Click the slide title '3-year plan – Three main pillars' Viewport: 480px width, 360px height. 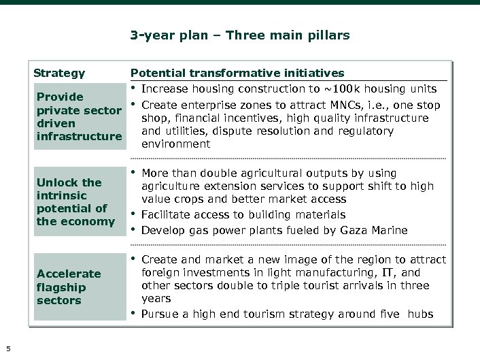(x=239, y=35)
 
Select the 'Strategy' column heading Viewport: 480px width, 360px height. (x=59, y=73)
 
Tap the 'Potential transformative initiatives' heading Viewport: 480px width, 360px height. (x=237, y=73)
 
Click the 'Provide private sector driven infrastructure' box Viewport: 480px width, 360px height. (x=78, y=116)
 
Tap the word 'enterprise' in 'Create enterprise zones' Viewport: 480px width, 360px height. (x=205, y=105)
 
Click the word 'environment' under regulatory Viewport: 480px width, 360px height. (x=176, y=144)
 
